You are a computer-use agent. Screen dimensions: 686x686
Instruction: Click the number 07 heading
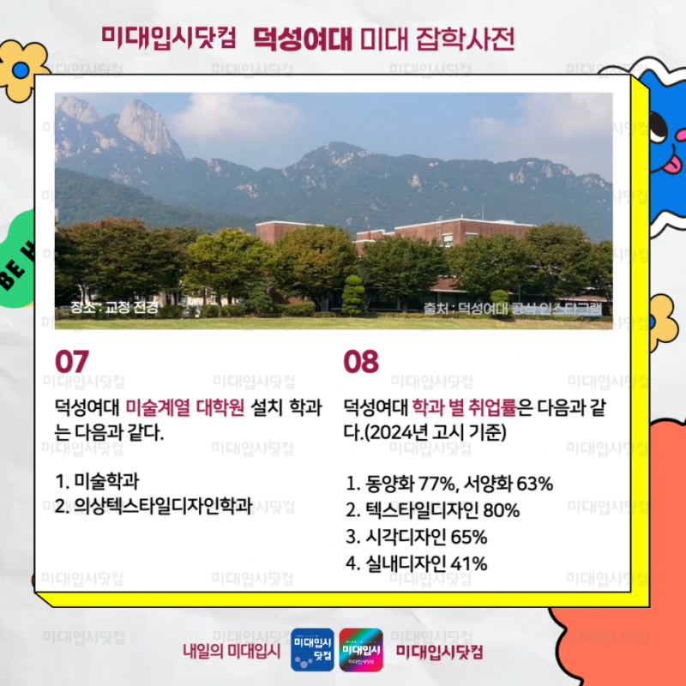pyautogui.click(x=72, y=362)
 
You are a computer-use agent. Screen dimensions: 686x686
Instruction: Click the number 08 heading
pyautogui.click(x=361, y=362)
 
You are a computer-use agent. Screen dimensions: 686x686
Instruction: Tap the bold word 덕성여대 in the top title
pyautogui.click(x=303, y=39)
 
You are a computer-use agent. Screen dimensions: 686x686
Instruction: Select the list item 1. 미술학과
pyautogui.click(x=97, y=481)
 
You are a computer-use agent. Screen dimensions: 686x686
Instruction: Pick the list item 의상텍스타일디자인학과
pyautogui.click(x=154, y=506)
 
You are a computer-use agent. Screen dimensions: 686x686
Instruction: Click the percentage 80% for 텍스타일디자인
pyautogui.click(x=501, y=510)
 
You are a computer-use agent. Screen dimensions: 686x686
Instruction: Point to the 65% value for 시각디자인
pyautogui.click(x=468, y=537)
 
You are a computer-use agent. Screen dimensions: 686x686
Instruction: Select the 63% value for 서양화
pyautogui.click(x=534, y=484)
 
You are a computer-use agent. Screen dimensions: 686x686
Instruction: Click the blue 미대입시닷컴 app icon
pyautogui.click(x=312, y=650)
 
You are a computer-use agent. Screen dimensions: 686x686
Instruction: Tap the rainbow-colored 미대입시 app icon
pyautogui.click(x=361, y=650)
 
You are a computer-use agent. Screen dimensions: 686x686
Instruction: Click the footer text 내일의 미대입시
pyautogui.click(x=232, y=651)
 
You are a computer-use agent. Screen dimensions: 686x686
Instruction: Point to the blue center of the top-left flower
pyautogui.click(x=20, y=70)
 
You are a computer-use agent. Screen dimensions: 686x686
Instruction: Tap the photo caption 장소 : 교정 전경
pyautogui.click(x=114, y=307)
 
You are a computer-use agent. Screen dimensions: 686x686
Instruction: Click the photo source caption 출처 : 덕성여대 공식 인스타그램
pyautogui.click(x=512, y=309)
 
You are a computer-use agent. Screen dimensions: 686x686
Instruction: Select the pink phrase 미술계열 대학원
pyautogui.click(x=184, y=406)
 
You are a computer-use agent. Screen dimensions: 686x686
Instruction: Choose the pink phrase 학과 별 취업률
pyautogui.click(x=464, y=406)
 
